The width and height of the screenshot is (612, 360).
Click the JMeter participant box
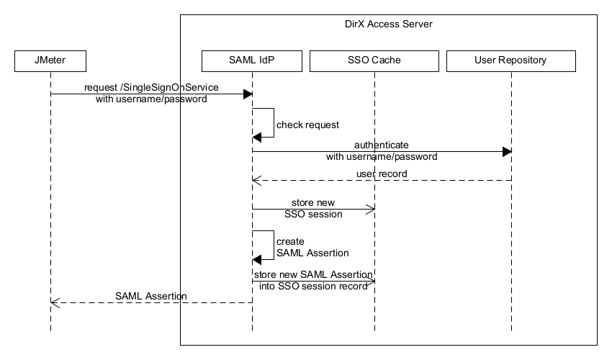50,60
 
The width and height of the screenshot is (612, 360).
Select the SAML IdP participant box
252,60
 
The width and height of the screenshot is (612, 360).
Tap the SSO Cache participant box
374,60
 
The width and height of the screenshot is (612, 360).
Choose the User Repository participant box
511,60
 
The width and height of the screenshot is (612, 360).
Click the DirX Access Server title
389,24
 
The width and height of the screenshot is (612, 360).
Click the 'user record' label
382,174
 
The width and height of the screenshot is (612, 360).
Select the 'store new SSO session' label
313,208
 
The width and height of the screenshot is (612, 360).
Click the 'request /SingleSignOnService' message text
151,87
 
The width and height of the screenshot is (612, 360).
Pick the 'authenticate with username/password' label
382,150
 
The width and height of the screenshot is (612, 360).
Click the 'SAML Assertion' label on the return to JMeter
151,296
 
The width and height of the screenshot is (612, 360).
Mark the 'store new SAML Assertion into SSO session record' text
313,280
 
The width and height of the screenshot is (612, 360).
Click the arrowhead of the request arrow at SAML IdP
248,94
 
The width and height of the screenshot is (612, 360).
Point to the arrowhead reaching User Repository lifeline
507,151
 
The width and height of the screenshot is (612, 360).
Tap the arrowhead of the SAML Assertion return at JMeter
55,302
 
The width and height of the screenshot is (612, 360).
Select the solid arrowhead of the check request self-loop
257,137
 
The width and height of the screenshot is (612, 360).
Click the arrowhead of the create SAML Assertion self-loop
257,259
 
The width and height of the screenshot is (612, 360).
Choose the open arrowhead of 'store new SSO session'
371,209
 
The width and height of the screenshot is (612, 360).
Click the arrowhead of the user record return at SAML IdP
256,180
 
